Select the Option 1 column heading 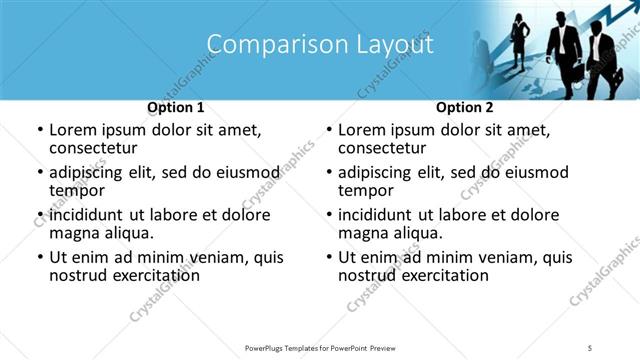(x=176, y=107)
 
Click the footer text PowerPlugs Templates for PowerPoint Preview (x=320, y=346)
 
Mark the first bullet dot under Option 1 (x=39, y=130)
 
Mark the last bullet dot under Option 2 (x=328, y=258)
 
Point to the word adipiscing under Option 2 (x=376, y=172)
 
